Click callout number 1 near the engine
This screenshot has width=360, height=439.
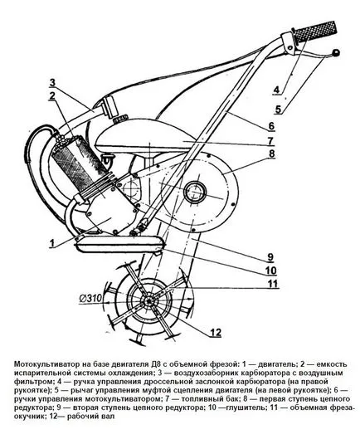coord(52,243)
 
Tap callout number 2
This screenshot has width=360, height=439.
coord(51,95)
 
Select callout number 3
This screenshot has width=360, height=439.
coord(52,83)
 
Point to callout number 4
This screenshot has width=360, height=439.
coord(276,90)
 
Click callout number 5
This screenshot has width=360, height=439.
coord(278,109)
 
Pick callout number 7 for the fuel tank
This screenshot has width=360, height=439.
coord(270,141)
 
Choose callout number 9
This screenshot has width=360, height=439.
coord(270,257)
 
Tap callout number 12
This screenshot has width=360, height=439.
coord(216,332)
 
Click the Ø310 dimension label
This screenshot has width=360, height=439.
coord(91,299)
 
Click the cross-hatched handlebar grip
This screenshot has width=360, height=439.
coord(315,31)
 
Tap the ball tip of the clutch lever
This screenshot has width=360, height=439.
coord(335,52)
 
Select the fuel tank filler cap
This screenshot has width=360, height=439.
coord(120,120)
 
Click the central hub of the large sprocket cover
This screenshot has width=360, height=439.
coord(195,192)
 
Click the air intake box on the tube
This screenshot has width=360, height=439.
coord(109,106)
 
